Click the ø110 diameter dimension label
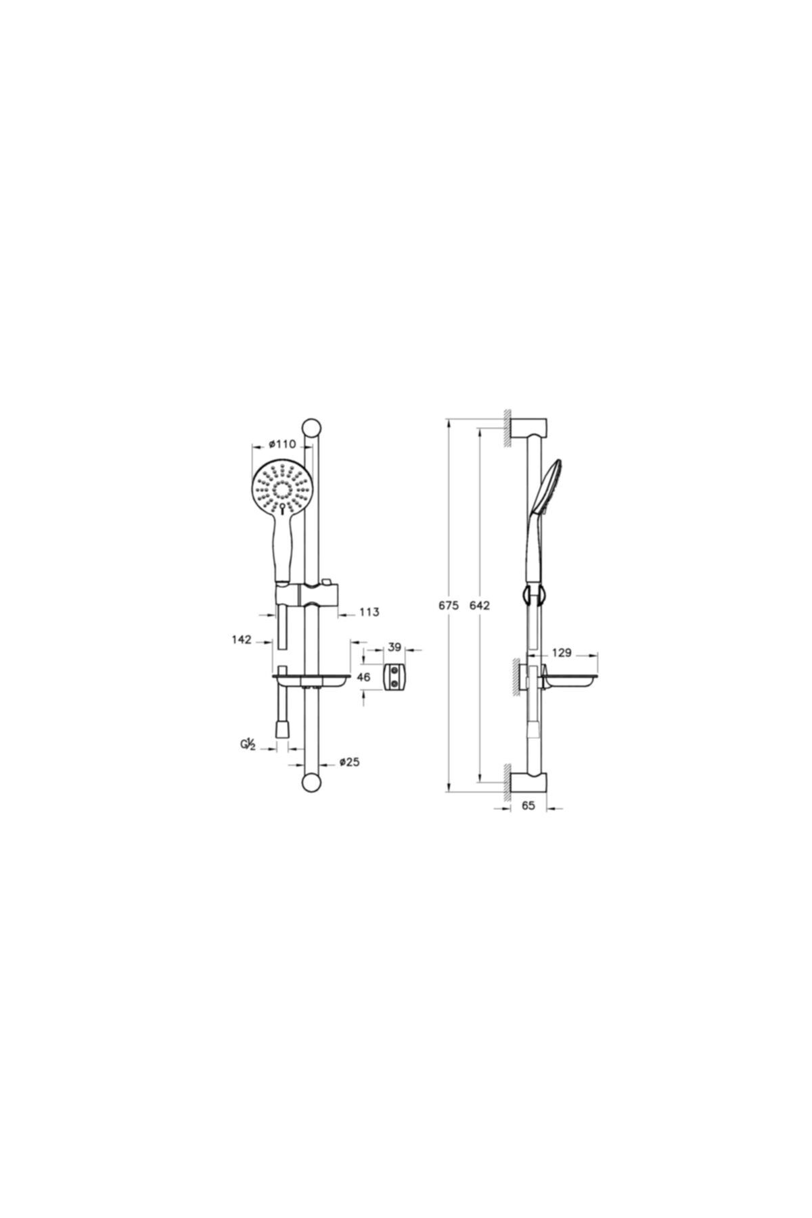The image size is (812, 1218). click(x=283, y=444)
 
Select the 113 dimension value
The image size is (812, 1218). click(x=369, y=612)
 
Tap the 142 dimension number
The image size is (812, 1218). click(x=242, y=639)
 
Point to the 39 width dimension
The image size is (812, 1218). click(x=394, y=648)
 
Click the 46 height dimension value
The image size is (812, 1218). click(x=363, y=677)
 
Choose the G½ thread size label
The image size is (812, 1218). click(x=248, y=746)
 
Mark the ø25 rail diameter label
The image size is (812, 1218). click(x=349, y=762)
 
